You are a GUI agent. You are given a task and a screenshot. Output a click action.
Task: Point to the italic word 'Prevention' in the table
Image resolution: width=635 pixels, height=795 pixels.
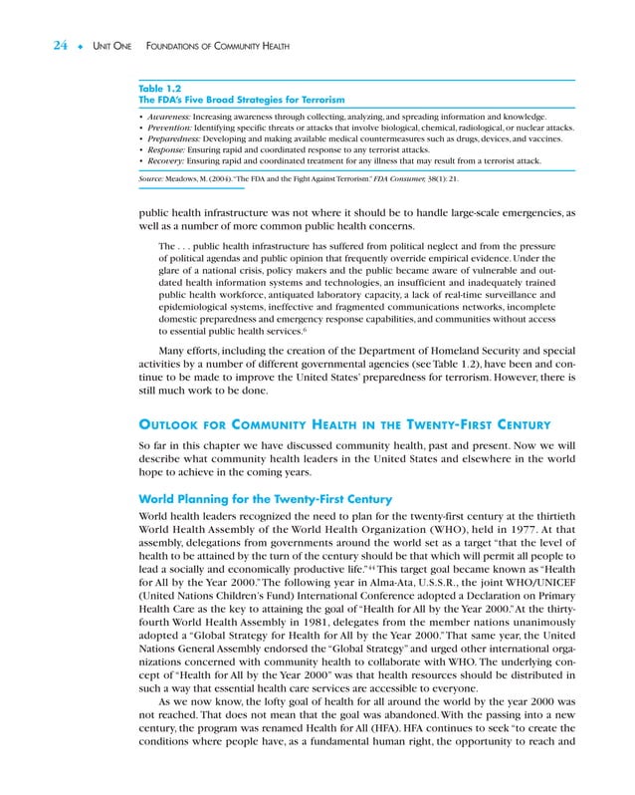click(x=168, y=129)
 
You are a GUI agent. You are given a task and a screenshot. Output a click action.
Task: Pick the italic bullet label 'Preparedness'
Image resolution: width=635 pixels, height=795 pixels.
click(x=172, y=139)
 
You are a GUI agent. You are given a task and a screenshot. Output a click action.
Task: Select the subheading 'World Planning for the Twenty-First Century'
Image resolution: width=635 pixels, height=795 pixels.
click(x=265, y=497)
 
